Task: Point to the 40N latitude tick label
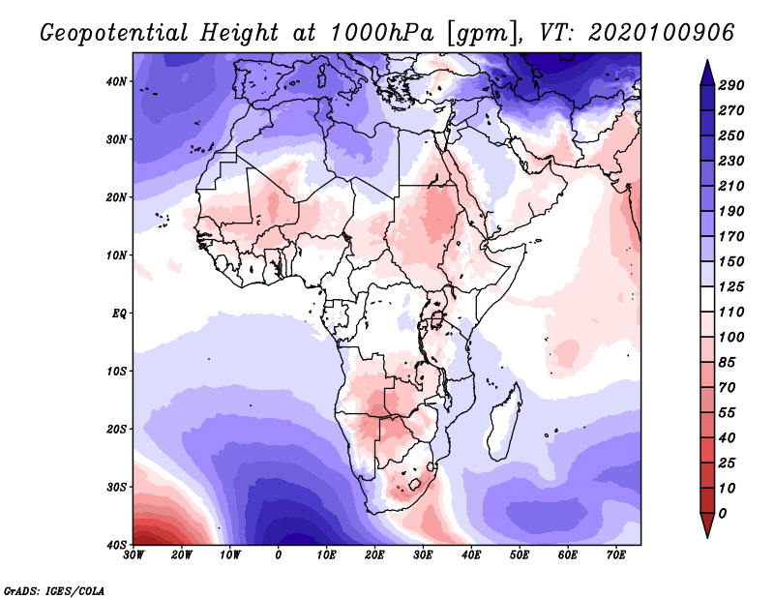[x=116, y=81]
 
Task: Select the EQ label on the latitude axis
[x=119, y=314]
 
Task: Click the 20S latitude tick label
[x=116, y=429]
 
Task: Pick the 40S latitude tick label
[x=116, y=545]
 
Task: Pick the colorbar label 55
[x=730, y=412]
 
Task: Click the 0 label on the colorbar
[x=724, y=513]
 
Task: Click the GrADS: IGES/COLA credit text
[x=54, y=589]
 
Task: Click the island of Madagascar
[x=504, y=424]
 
